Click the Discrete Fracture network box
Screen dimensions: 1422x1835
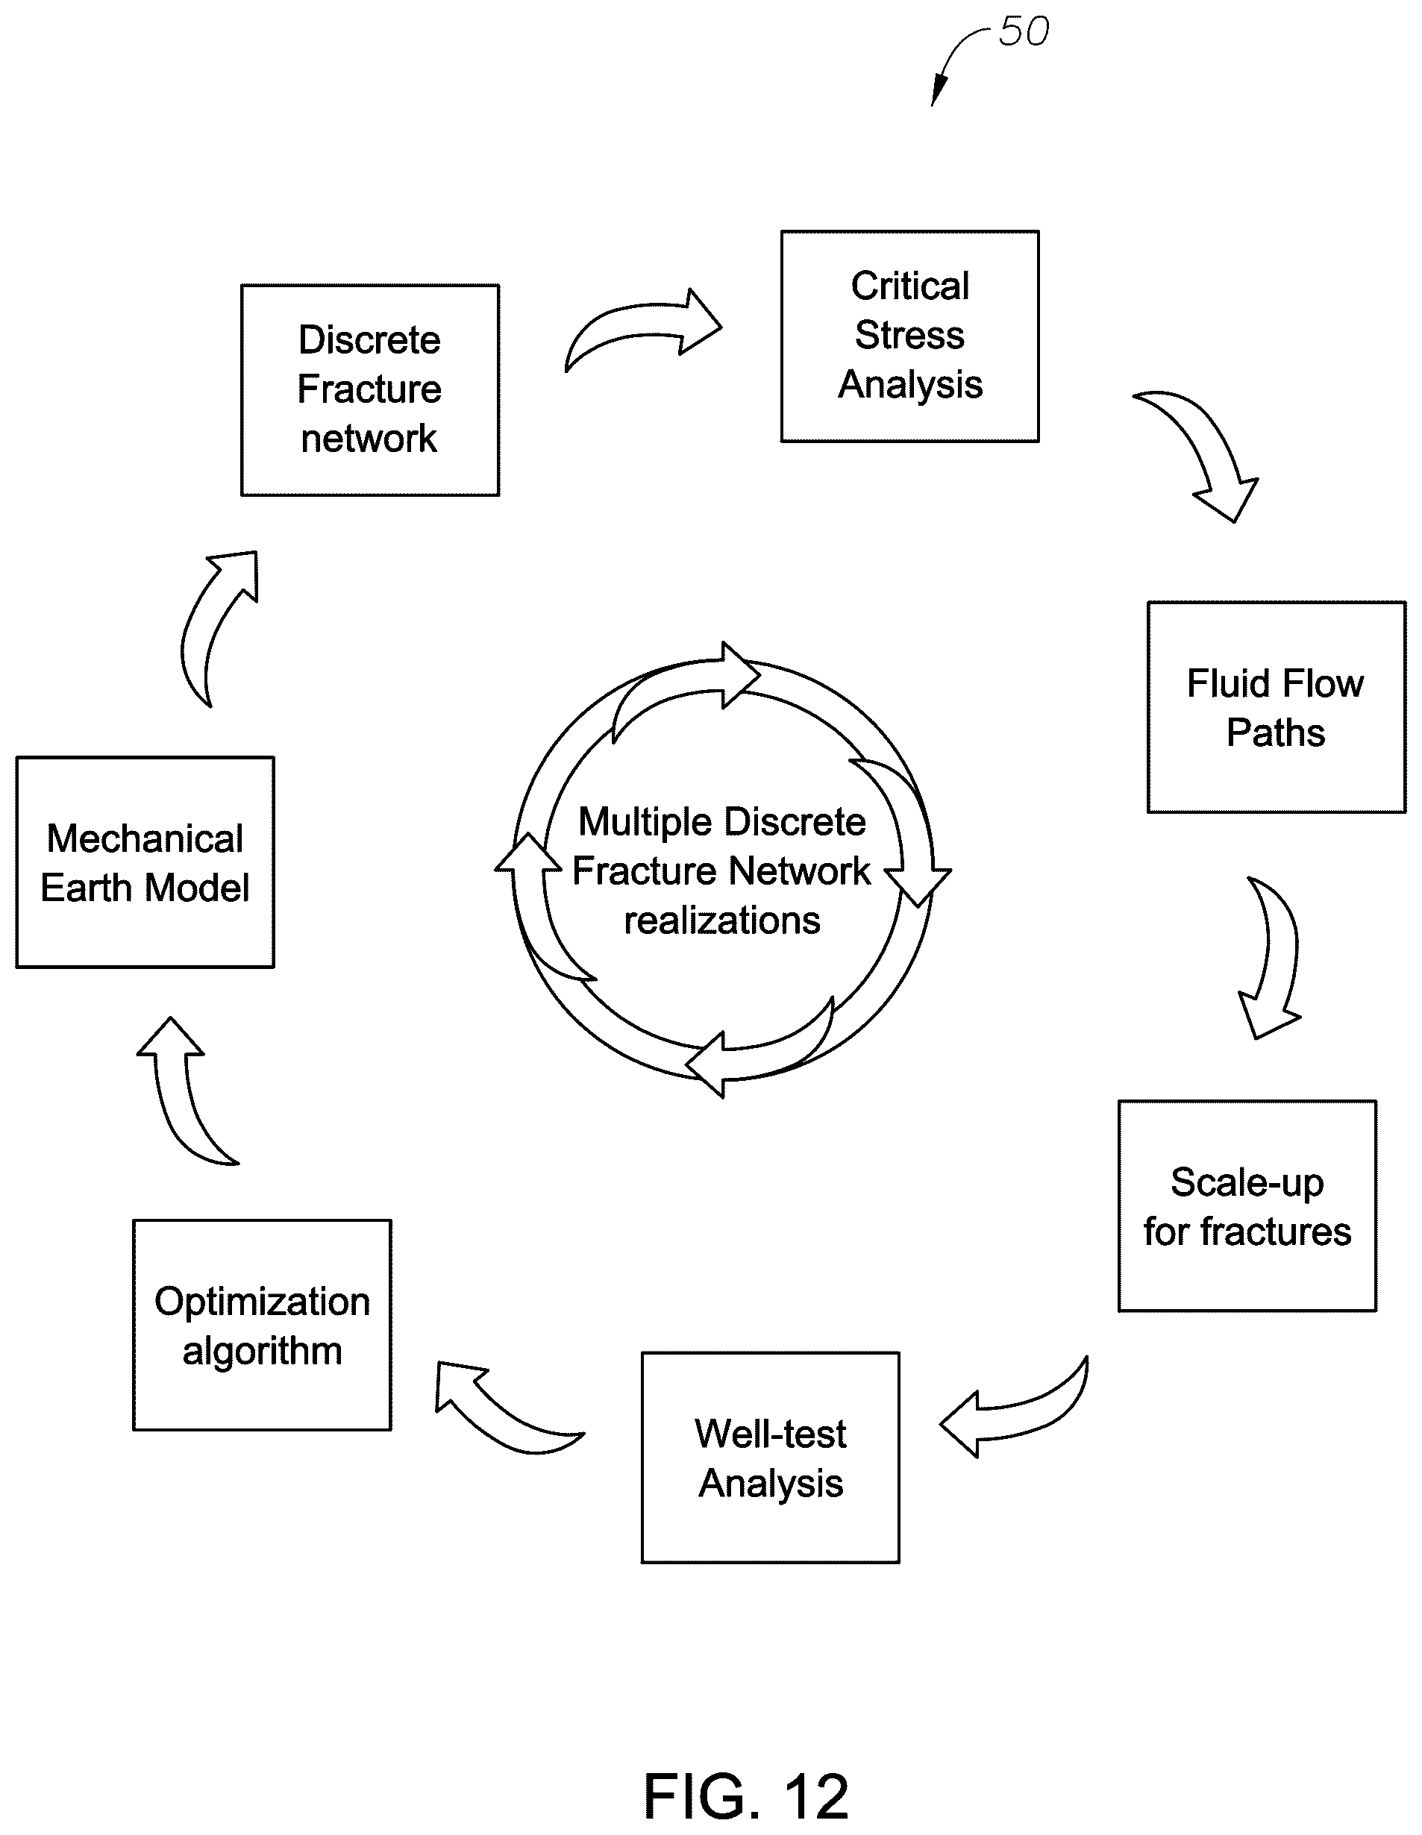[x=370, y=390]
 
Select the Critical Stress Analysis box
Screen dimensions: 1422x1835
[x=910, y=336]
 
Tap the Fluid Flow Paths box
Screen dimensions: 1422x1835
[x=1277, y=707]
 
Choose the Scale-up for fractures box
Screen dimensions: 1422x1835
[x=1247, y=1205]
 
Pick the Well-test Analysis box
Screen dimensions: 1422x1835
[x=771, y=1458]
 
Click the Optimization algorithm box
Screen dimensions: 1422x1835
[x=262, y=1325]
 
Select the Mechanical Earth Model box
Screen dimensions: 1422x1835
[x=145, y=862]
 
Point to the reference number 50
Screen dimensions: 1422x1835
[x=1024, y=32]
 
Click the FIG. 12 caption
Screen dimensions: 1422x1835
[x=746, y=1796]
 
